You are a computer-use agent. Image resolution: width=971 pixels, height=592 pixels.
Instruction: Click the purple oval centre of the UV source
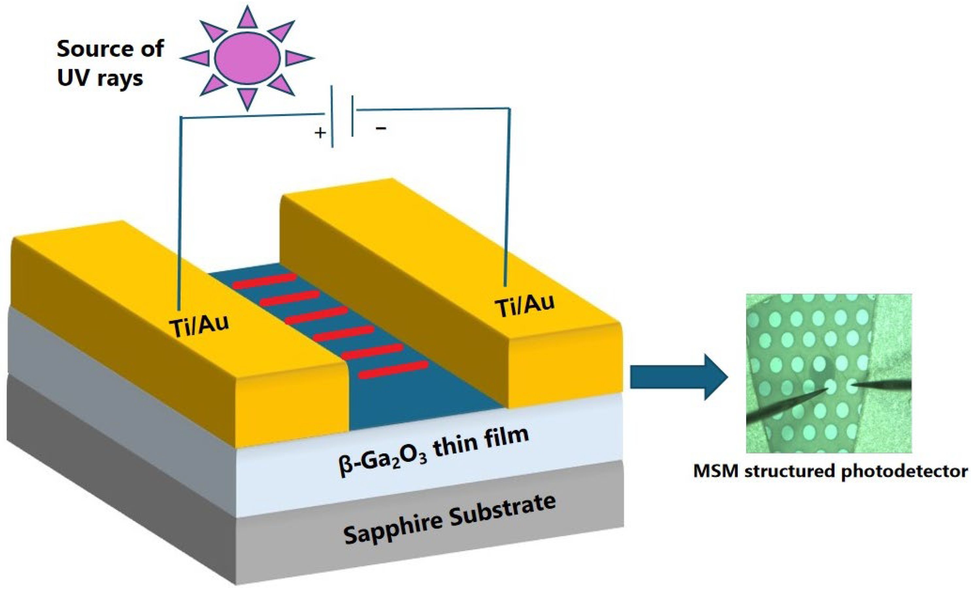247,58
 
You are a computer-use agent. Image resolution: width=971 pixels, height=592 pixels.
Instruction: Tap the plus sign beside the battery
320,133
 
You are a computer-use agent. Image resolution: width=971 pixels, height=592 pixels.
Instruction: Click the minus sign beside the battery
381,128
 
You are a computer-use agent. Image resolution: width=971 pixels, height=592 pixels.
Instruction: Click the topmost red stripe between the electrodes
264,281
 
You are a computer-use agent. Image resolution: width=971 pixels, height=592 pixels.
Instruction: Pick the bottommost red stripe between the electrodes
393,370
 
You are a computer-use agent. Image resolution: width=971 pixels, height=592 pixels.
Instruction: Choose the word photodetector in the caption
904,472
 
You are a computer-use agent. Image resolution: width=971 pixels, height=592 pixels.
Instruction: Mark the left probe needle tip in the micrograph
828,389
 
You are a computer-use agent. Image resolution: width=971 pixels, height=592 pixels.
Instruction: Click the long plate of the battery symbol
332,116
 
